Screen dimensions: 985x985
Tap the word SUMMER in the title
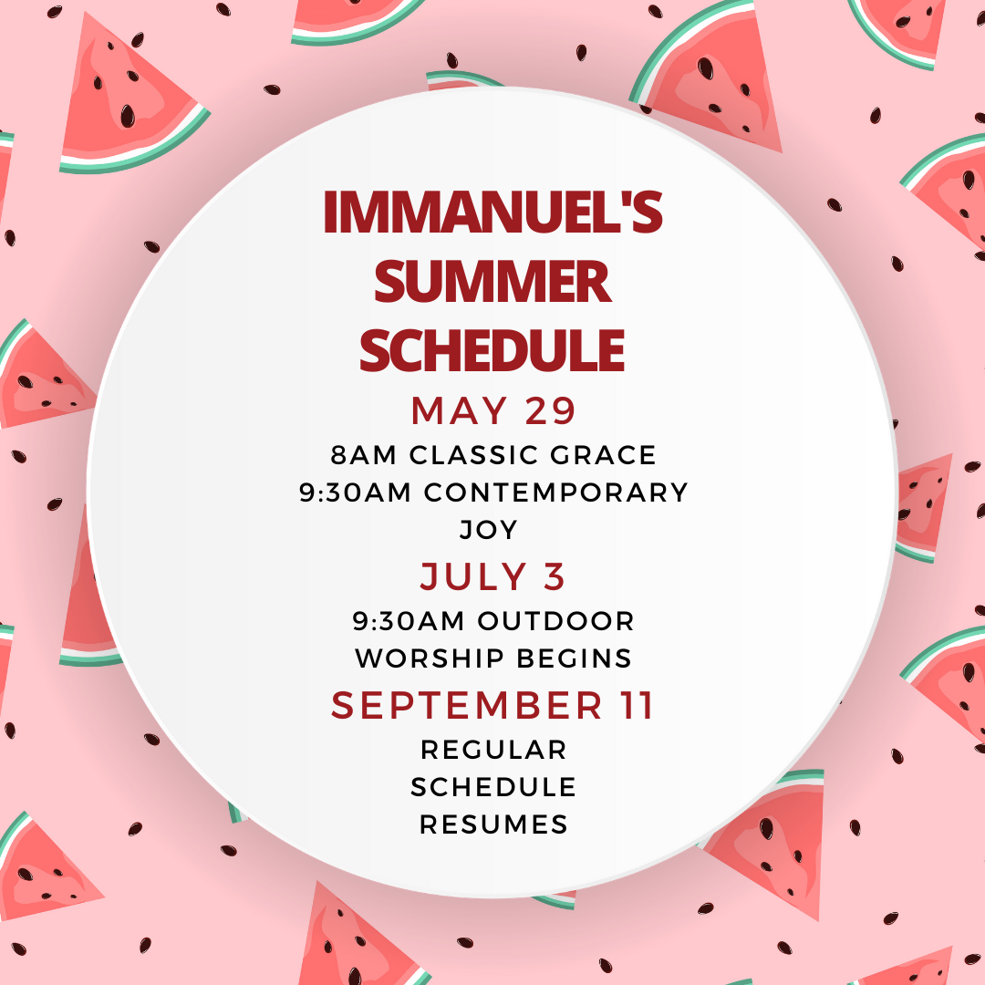pyautogui.click(x=493, y=283)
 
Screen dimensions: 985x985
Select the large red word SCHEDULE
pyautogui.click(x=493, y=350)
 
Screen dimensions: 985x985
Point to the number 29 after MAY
pyautogui.click(x=550, y=411)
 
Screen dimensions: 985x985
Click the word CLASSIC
pyautogui.click(x=466, y=454)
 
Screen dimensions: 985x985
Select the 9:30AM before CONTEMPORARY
pyautogui.click(x=356, y=493)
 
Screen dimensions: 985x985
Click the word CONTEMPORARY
pyautogui.click(x=556, y=493)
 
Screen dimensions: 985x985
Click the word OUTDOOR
pyautogui.click(x=556, y=621)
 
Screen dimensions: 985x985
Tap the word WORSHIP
pyautogui.click(x=423, y=658)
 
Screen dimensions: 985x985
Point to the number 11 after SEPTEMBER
pyautogui.click(x=635, y=706)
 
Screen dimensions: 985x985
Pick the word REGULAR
pyautogui.click(x=493, y=750)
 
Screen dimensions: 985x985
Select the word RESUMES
pyautogui.click(x=493, y=824)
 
